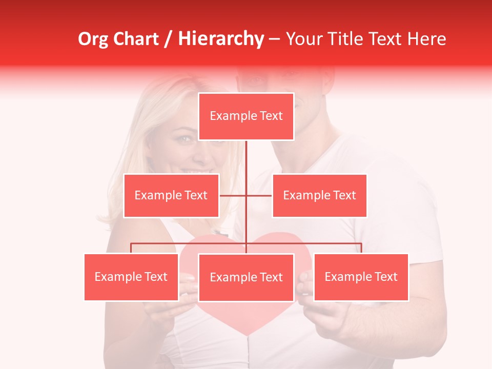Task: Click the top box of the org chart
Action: (x=246, y=116)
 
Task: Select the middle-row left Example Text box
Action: (x=171, y=195)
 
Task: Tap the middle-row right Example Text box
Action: (x=319, y=195)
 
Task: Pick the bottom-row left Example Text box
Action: (x=131, y=277)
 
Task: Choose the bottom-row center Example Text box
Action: (x=246, y=277)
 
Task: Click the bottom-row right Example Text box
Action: (x=361, y=277)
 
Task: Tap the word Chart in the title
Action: (x=135, y=39)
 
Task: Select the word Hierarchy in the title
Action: (x=220, y=39)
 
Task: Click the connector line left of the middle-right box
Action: (x=259, y=195)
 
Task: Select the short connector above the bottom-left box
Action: (x=131, y=248)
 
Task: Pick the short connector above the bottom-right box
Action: (x=361, y=248)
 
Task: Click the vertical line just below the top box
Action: (x=247, y=154)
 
